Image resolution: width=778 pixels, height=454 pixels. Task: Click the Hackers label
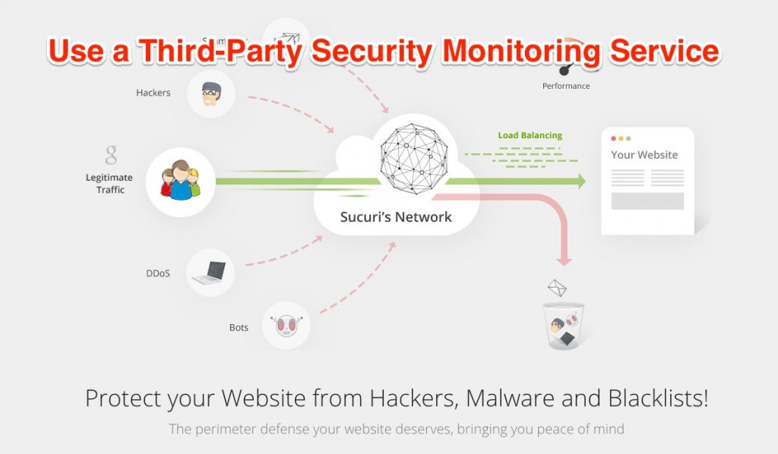(153, 93)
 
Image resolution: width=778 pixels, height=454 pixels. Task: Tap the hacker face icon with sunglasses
(210, 94)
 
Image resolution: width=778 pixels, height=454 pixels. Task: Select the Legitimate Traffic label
(109, 184)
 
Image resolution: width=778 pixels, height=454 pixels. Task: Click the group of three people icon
(180, 182)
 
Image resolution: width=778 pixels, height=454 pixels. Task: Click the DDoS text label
(157, 273)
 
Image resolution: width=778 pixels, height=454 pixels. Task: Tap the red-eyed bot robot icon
(286, 326)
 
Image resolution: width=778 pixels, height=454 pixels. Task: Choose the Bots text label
(239, 328)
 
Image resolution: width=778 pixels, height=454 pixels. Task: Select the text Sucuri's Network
(396, 217)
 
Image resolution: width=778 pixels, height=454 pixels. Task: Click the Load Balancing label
(530, 136)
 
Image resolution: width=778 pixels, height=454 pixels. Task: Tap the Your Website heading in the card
(644, 155)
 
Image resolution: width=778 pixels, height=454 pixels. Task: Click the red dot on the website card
(614, 138)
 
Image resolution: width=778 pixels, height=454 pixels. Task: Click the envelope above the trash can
(558, 288)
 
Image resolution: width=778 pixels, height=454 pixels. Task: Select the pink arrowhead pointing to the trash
(563, 259)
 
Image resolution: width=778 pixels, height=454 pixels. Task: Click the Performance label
(565, 87)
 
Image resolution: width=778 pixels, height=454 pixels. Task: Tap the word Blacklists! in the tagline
(657, 399)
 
